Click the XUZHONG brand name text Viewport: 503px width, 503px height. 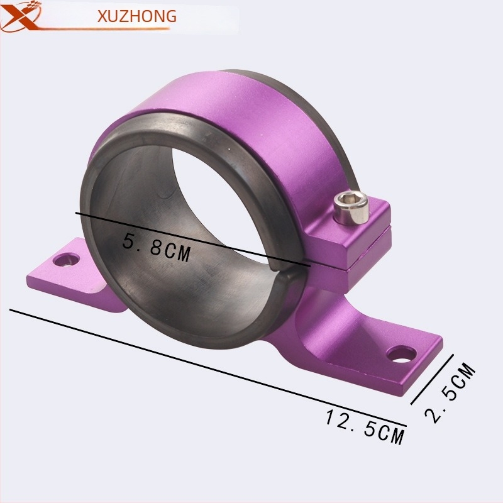tap(137, 16)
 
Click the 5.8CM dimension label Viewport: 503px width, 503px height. tap(157, 248)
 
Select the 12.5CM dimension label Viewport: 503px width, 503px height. tap(365, 427)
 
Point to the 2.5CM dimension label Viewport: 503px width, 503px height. tap(450, 392)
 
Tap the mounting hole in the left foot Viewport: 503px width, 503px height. tap(67, 259)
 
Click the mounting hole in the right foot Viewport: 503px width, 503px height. tap(401, 355)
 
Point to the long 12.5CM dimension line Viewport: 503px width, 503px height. tap(208, 368)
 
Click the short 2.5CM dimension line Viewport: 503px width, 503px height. tap(432, 379)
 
